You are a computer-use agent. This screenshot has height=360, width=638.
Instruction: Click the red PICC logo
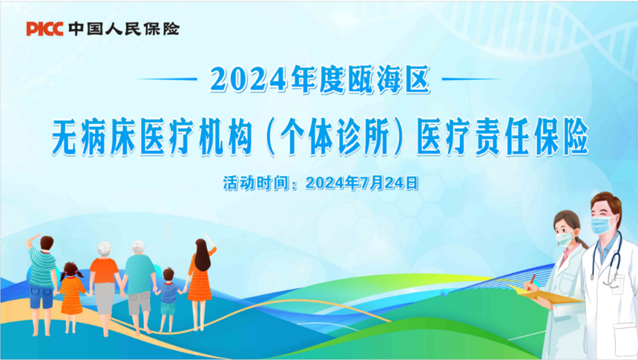pos(45,29)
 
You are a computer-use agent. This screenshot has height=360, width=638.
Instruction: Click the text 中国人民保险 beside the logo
pos(124,29)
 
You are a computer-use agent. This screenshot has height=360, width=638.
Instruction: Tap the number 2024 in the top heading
pos(249,79)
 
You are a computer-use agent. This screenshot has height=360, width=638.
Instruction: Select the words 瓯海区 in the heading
pos(389,79)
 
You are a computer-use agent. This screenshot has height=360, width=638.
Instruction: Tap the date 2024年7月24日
pos(362,183)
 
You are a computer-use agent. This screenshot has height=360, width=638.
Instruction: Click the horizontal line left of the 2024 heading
pos(166,79)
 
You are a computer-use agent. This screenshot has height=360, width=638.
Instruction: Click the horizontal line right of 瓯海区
pos(473,79)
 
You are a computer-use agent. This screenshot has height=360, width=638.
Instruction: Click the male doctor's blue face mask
pos(602,224)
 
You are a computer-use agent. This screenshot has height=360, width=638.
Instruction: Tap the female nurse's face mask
pos(565,238)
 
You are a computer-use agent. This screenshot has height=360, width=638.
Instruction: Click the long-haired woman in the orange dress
pos(200,282)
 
